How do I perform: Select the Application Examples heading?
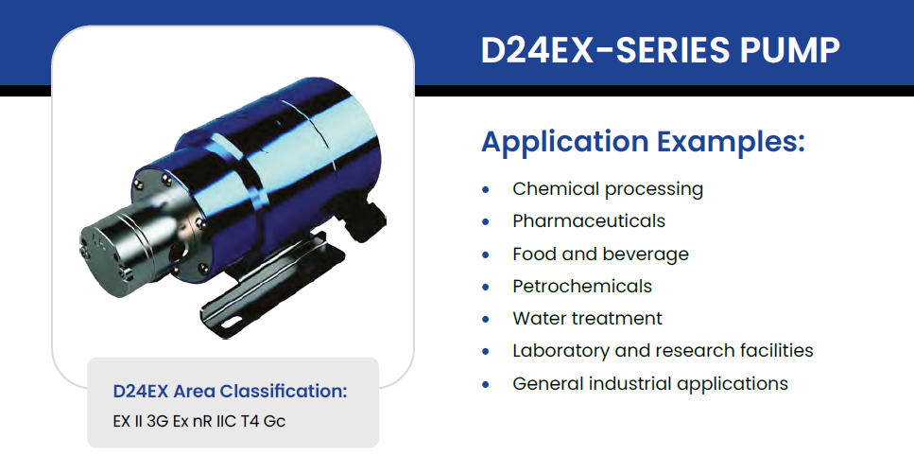click(643, 143)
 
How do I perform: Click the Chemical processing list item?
click(608, 189)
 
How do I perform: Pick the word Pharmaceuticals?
click(589, 221)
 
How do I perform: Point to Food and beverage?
click(600, 254)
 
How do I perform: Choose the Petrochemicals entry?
click(582, 287)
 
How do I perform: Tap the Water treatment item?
click(588, 319)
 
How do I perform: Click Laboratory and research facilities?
click(663, 351)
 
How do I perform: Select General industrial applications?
click(650, 384)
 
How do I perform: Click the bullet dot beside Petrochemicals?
click(486, 288)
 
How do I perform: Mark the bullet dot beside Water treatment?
click(486, 320)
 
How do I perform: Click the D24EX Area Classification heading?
click(231, 392)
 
